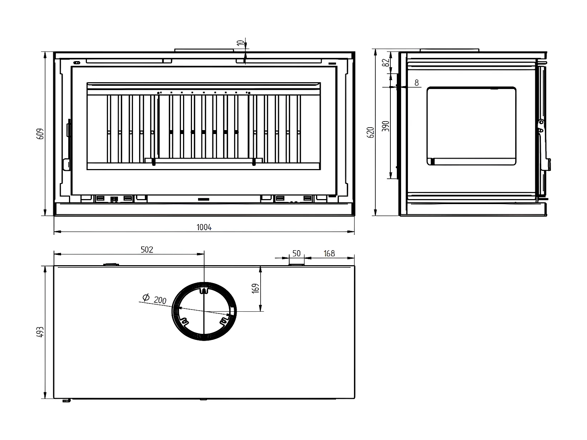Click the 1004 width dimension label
tap(204, 227)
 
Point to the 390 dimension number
tap(386, 126)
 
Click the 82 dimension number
tap(385, 63)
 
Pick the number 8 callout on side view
tap(416, 83)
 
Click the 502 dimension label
tap(147, 249)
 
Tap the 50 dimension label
tap(296, 253)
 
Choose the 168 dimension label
tap(329, 253)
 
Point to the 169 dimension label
tap(255, 288)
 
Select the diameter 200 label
tap(160, 300)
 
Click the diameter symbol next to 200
tap(145, 297)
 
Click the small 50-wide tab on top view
tap(296, 265)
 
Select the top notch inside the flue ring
tap(203, 290)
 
